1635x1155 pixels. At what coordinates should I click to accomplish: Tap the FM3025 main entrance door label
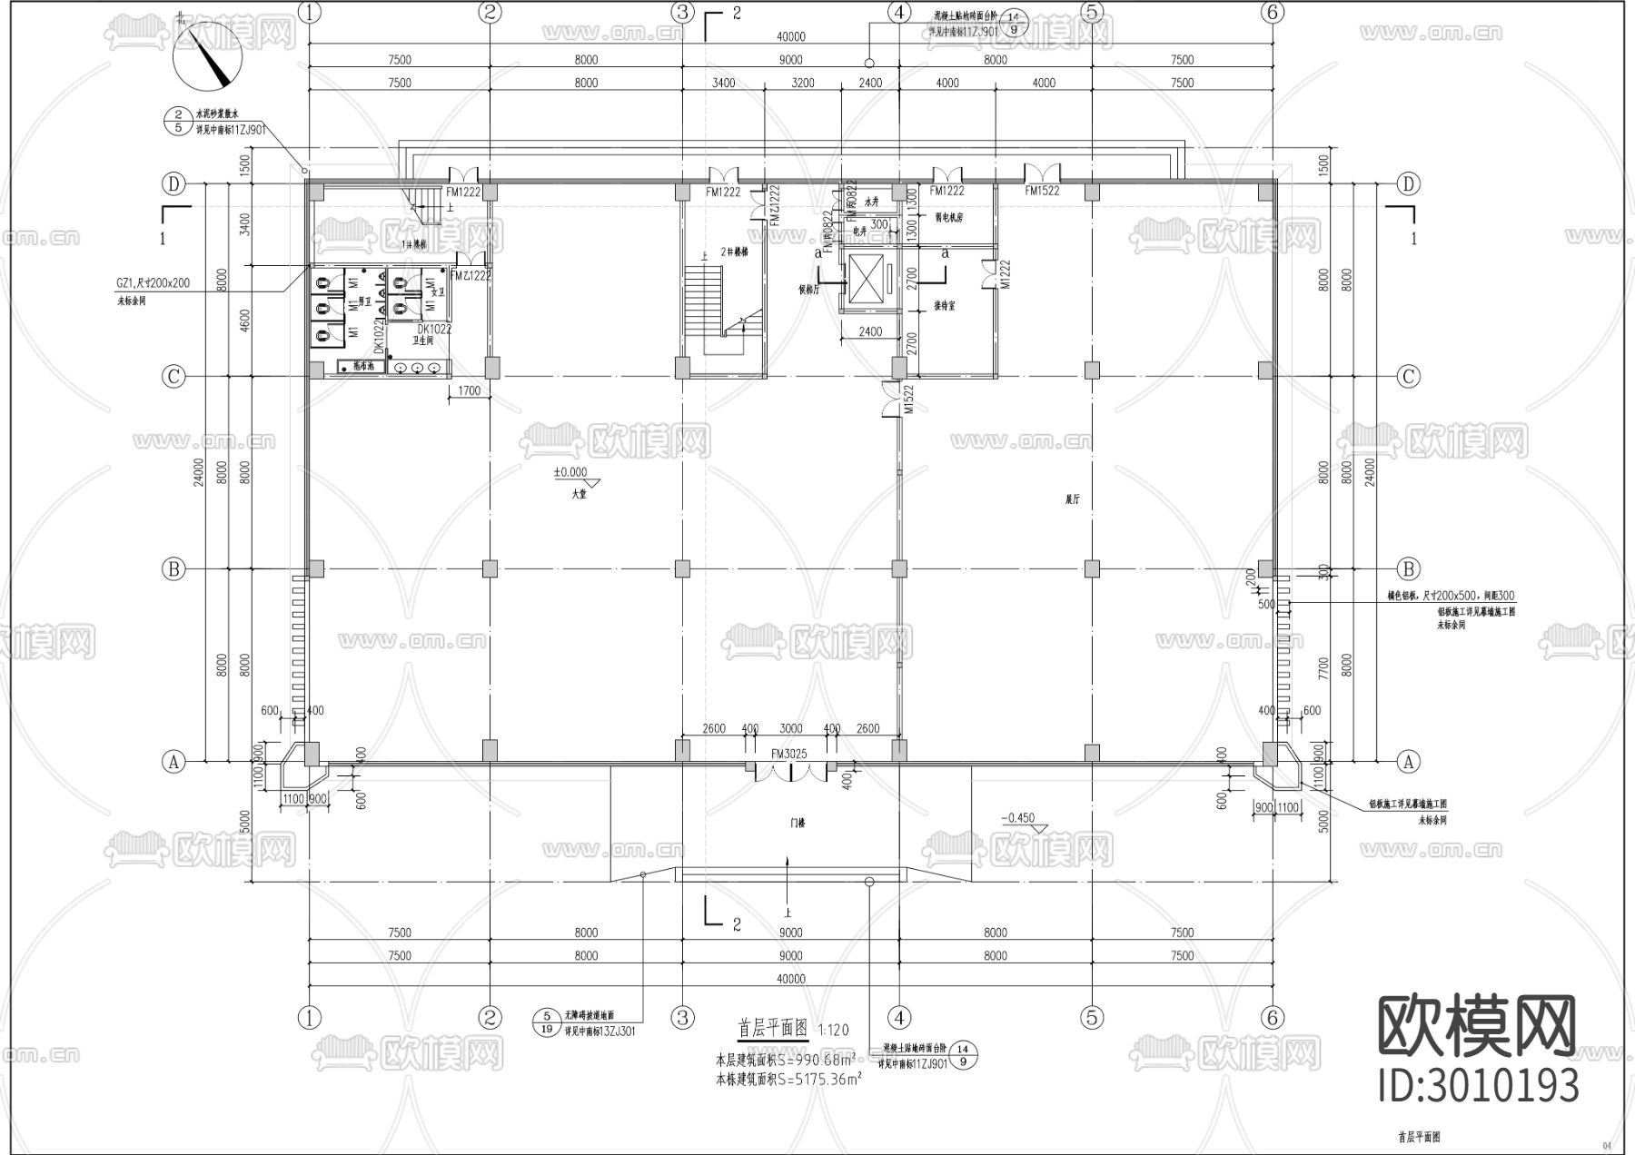coord(788,755)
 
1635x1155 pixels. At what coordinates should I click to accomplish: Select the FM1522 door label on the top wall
coord(1042,192)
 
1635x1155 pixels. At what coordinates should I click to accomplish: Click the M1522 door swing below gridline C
coord(895,400)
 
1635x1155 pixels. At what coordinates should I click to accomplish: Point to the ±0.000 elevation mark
coord(570,473)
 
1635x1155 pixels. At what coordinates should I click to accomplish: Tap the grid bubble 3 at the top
coord(682,13)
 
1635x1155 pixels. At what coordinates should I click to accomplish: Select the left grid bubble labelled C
coord(173,376)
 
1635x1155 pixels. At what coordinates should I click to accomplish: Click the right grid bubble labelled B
coord(1408,569)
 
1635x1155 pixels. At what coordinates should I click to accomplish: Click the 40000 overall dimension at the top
coord(790,37)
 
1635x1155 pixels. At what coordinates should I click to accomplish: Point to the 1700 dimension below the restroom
coord(469,391)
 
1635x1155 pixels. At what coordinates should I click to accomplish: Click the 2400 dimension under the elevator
coord(869,331)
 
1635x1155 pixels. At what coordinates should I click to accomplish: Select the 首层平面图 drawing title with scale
coord(792,1029)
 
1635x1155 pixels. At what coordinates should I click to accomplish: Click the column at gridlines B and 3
coord(682,569)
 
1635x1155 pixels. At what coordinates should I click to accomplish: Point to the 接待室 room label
coord(944,307)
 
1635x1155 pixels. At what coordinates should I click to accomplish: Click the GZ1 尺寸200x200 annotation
coord(153,283)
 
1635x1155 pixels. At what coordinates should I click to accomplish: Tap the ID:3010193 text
coord(1478,1086)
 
